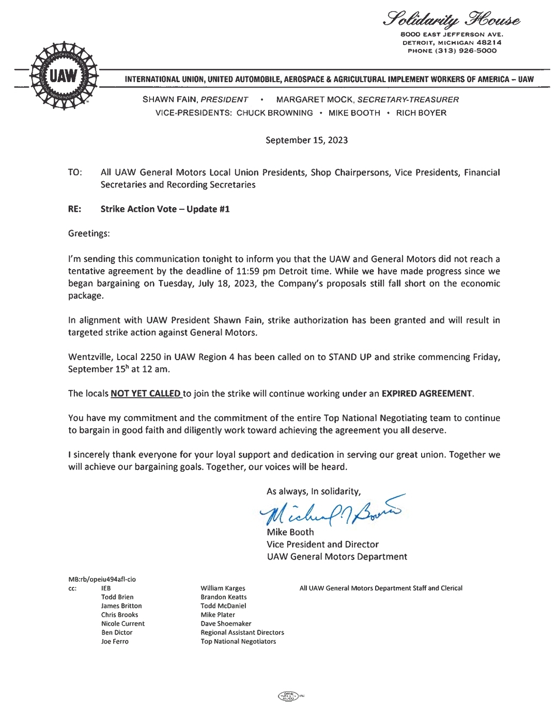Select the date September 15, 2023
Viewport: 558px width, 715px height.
tap(306, 140)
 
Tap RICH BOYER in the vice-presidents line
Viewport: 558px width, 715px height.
tap(421, 113)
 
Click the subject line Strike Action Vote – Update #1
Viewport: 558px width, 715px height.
tap(165, 209)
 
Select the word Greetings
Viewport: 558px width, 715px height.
tap(88, 234)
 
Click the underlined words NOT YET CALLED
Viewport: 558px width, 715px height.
tap(146, 394)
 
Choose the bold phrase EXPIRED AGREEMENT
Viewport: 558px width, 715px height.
tap(427, 394)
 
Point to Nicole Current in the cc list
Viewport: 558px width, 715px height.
tap(123, 624)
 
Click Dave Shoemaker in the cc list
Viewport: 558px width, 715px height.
tap(226, 624)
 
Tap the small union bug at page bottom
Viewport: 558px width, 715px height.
tap(290, 696)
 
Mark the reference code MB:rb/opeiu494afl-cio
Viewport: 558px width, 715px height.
tap(102, 579)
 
